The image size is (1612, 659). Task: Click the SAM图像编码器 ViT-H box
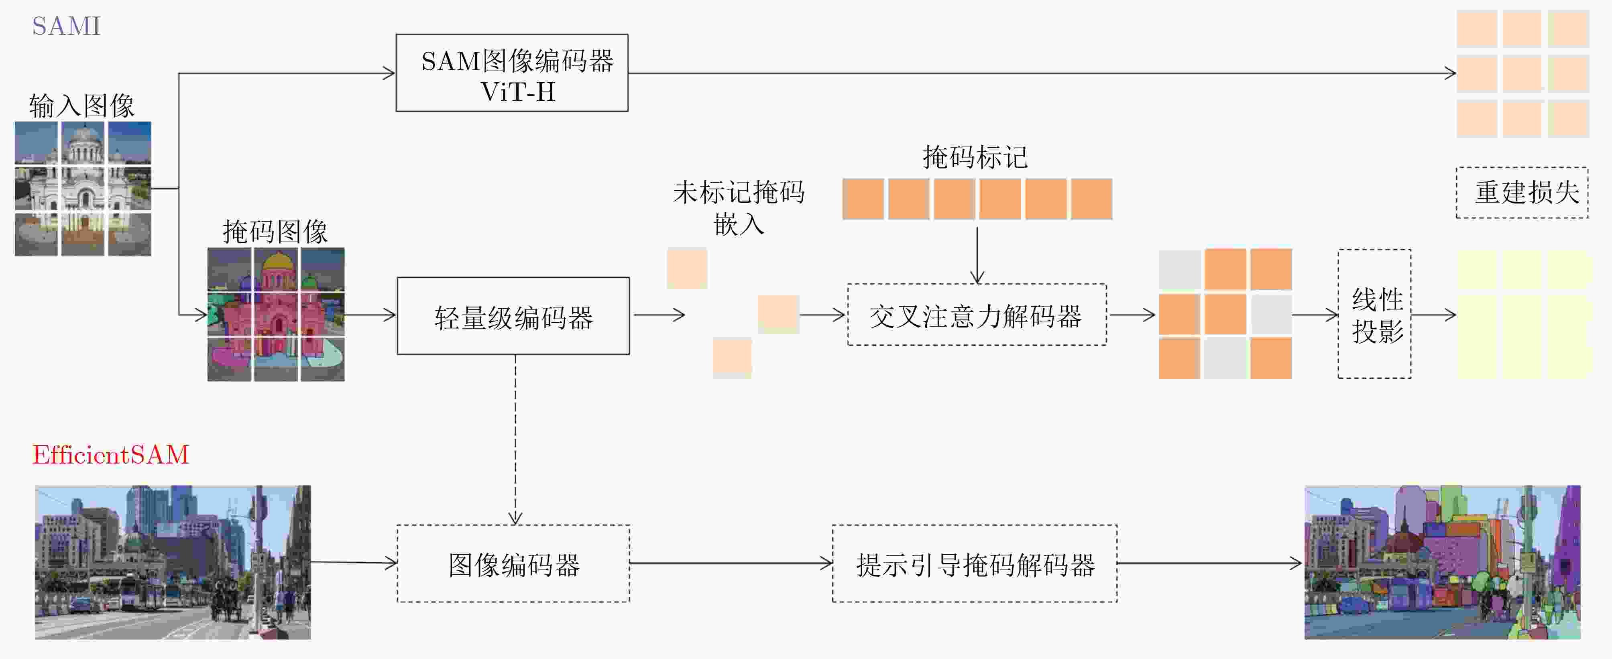point(512,73)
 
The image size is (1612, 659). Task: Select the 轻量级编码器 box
point(513,316)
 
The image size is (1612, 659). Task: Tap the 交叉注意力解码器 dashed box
point(976,315)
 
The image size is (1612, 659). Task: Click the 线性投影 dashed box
point(1374,314)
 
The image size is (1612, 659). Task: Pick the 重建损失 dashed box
point(1522,193)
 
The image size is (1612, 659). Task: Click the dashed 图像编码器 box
point(513,564)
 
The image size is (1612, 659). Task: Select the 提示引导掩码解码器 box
point(974,564)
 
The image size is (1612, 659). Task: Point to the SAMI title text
point(66,26)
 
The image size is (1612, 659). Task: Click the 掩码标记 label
point(975,157)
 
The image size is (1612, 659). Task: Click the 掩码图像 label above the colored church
point(275,232)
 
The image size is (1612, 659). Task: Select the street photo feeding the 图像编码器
point(173,562)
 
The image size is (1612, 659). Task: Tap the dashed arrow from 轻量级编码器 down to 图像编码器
point(515,438)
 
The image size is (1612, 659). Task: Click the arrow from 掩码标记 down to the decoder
point(977,254)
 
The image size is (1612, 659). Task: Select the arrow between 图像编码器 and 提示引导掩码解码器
point(730,563)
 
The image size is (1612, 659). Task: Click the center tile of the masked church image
point(276,315)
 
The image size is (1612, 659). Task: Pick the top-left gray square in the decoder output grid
point(1179,270)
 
